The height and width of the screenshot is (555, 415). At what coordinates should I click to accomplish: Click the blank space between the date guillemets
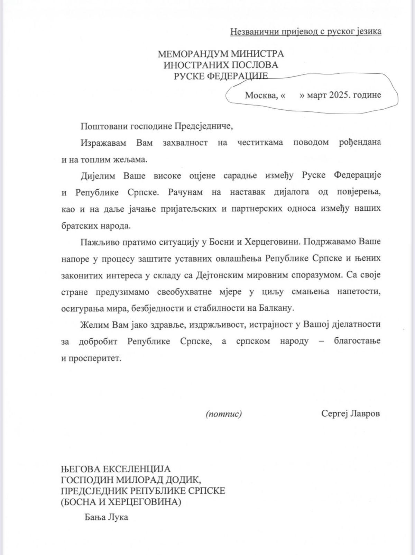(292, 95)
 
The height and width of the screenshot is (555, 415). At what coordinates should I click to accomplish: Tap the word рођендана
(360, 143)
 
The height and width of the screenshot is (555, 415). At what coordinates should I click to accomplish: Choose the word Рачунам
(184, 192)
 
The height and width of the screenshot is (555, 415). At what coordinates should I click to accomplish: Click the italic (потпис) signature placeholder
(224, 414)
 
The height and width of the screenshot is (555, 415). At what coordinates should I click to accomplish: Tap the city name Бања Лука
(106, 517)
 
